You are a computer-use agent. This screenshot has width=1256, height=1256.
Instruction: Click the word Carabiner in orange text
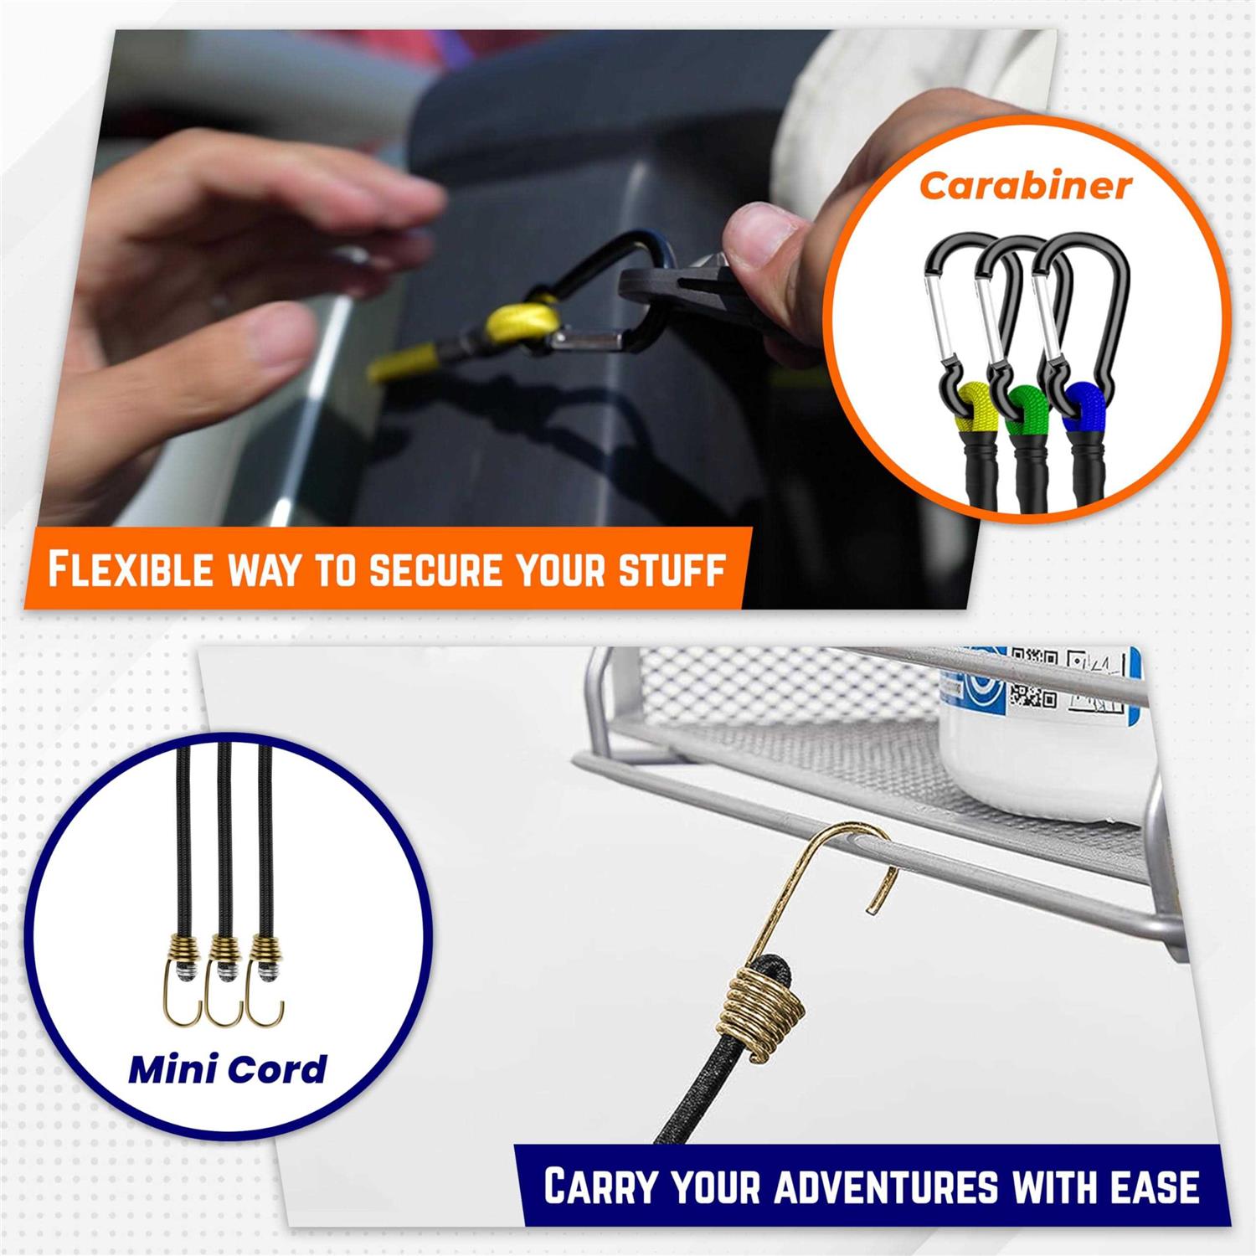[x=1025, y=186]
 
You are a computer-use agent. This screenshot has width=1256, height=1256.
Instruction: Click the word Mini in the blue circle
[x=168, y=1069]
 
